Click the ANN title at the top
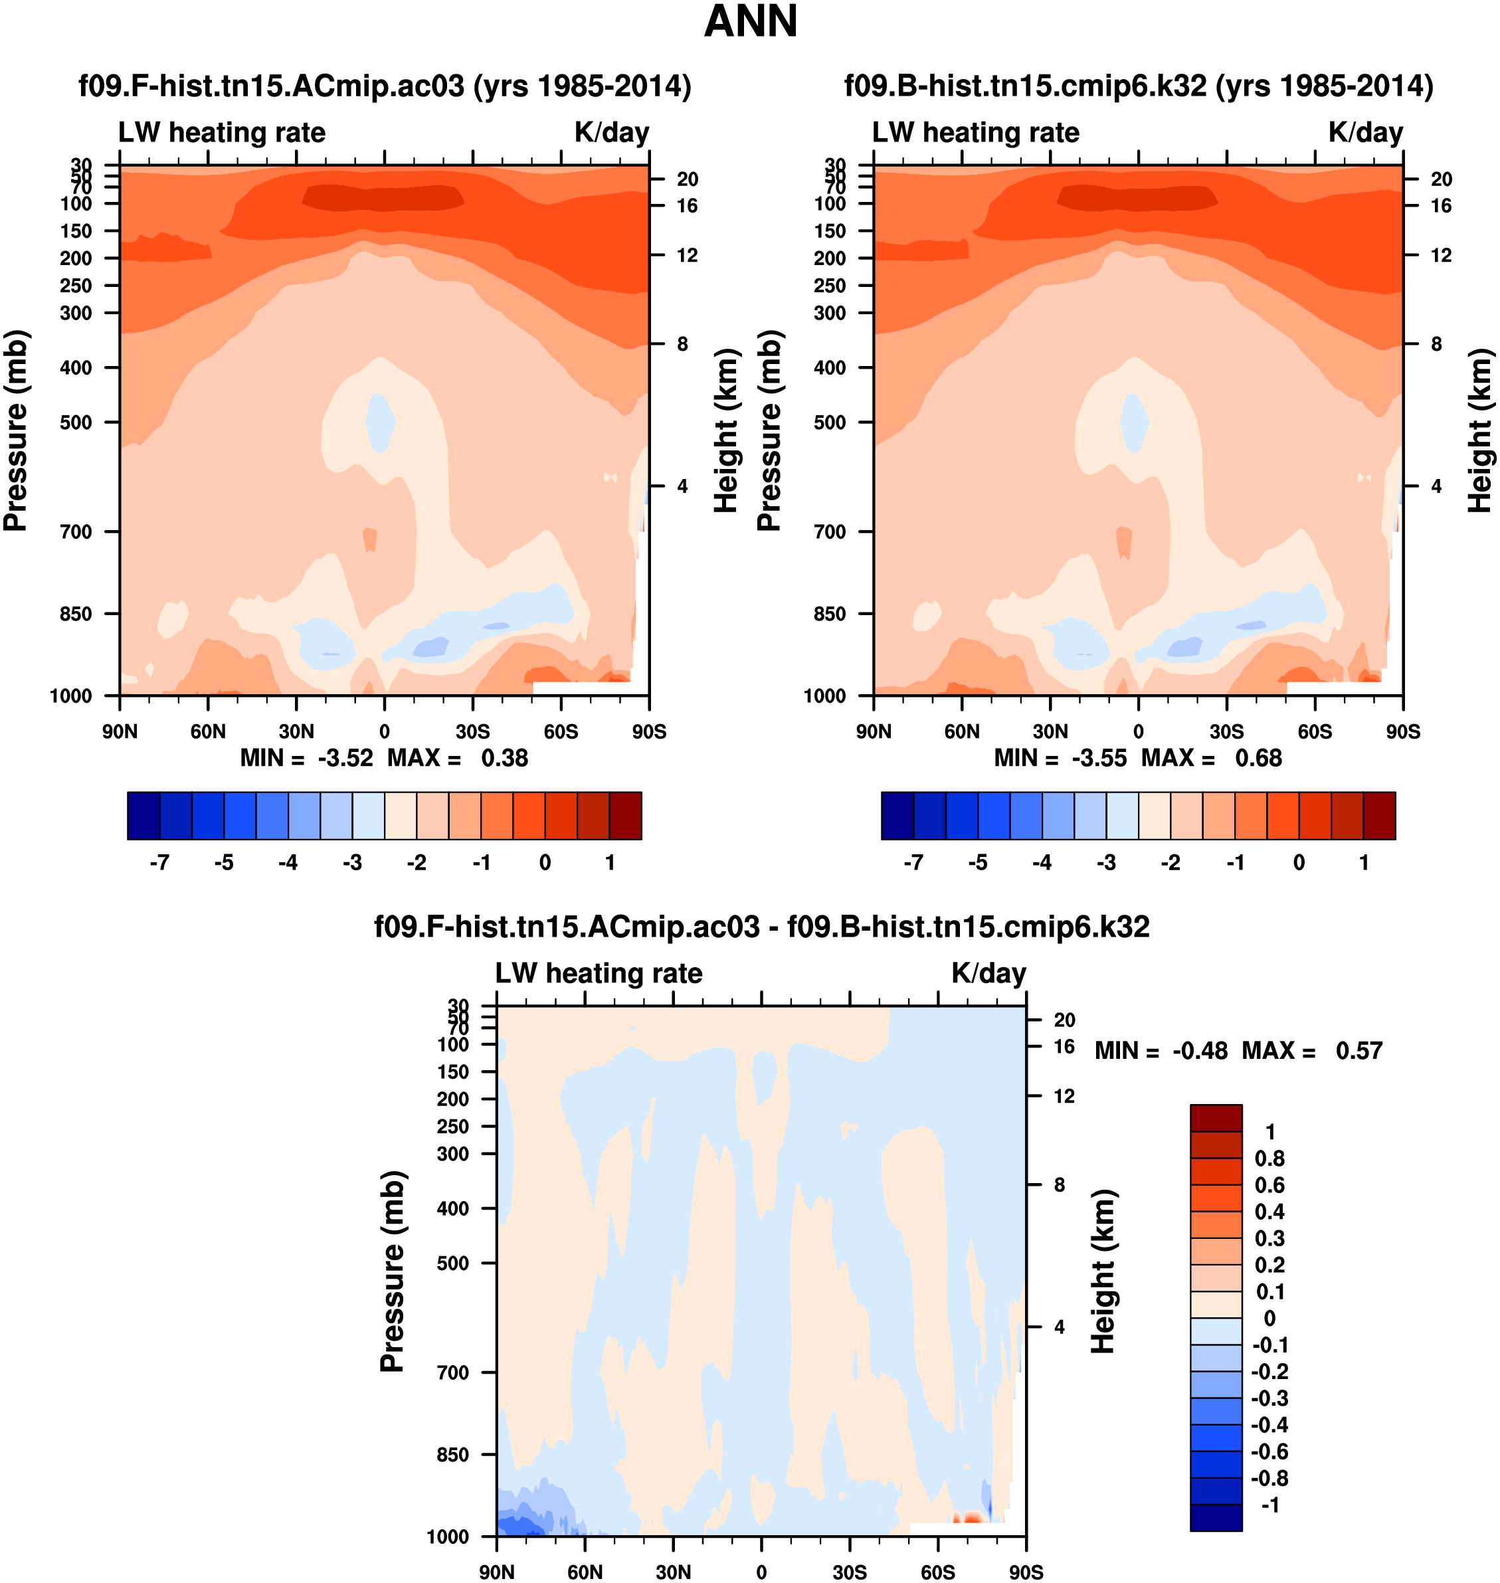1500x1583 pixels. pos(750,21)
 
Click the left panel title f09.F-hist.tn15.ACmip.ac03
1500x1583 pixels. pos(385,86)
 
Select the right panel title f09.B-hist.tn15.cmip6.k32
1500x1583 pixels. pos(1139,86)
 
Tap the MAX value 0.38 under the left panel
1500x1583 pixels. pos(504,758)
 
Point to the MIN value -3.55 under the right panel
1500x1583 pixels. pos(1099,758)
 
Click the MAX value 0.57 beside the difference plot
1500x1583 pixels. pos(1359,1050)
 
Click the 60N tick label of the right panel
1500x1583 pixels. pos(962,731)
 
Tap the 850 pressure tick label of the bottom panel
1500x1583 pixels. pos(452,1454)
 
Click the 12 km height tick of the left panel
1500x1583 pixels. pos(687,255)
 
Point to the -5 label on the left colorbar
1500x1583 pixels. pos(224,863)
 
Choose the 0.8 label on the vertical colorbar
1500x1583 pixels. pos(1269,1159)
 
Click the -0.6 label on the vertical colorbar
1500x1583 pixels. pos(1269,1451)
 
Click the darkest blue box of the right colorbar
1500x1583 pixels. pos(897,816)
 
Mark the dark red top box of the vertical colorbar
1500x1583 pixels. pos(1216,1118)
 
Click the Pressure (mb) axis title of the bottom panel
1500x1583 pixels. pos(393,1271)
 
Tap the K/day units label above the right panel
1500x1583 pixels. pos(1366,132)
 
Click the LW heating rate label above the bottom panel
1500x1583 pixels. pos(599,973)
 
